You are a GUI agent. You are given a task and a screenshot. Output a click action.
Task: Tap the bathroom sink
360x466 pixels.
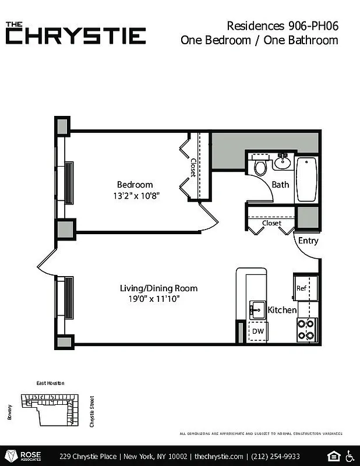[x=283, y=162]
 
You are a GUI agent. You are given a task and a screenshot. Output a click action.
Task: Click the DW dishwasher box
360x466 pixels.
[x=257, y=331]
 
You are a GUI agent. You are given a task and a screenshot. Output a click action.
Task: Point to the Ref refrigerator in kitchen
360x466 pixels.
[x=301, y=288]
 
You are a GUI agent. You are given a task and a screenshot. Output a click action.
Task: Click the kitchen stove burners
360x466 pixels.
[x=306, y=330]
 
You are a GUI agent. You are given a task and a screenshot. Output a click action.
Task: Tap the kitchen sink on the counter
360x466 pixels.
[x=257, y=309]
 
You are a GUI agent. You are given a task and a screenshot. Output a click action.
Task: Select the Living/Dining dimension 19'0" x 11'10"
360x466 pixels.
[x=153, y=299]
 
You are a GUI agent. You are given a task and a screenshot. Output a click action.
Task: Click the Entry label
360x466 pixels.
[x=308, y=241]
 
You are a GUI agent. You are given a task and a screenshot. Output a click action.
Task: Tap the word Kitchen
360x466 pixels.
[x=282, y=310]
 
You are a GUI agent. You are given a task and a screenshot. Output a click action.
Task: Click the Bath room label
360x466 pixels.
[x=280, y=185]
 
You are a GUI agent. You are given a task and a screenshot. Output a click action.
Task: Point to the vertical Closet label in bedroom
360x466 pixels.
[x=193, y=168]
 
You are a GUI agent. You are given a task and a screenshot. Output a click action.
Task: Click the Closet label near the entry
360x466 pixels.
[x=271, y=223]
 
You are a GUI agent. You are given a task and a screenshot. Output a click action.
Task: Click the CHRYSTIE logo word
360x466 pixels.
[x=76, y=36]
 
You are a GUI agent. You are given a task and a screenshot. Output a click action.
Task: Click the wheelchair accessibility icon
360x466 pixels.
[x=350, y=455]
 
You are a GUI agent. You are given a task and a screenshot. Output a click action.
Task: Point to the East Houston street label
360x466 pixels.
[x=50, y=383]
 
